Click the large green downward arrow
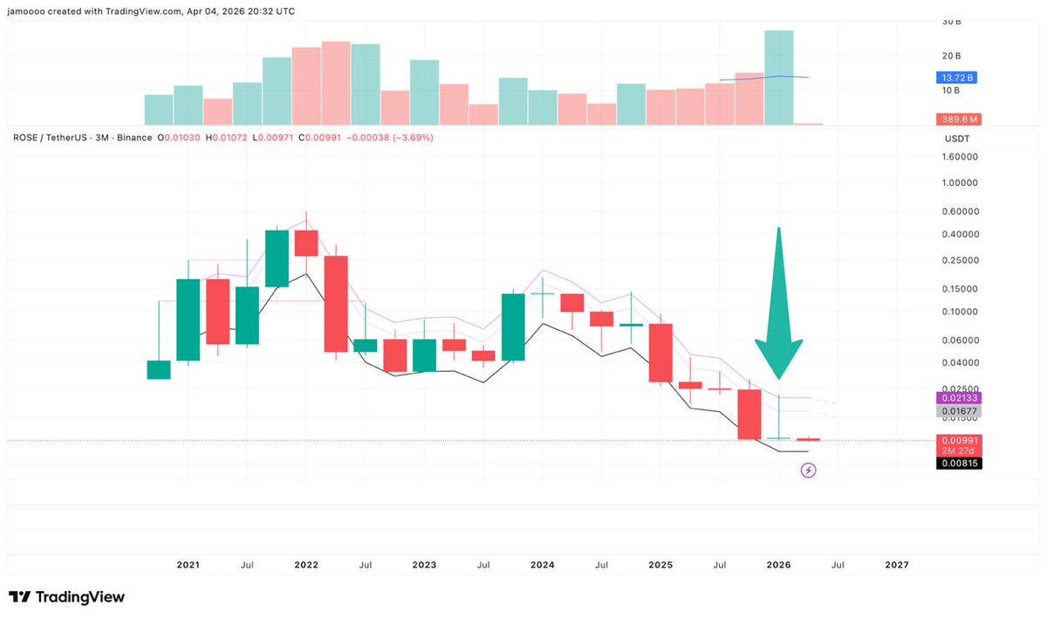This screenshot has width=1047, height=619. pyautogui.click(x=778, y=314)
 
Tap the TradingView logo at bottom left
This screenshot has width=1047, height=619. pyautogui.click(x=67, y=597)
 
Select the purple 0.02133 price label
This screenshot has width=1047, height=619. pyautogui.click(x=958, y=397)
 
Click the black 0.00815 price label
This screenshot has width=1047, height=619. pyautogui.click(x=958, y=464)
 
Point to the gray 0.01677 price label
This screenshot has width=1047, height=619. pyautogui.click(x=958, y=411)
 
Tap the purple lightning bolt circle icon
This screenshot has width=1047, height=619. pyautogui.click(x=809, y=471)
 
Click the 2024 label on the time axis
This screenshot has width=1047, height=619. pyautogui.click(x=542, y=565)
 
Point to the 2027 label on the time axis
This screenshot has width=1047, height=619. pyautogui.click(x=896, y=565)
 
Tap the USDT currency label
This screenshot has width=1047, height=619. pyautogui.click(x=957, y=139)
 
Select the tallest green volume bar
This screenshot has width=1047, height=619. pyautogui.click(x=779, y=78)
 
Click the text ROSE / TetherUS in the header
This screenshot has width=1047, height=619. pyautogui.click(x=54, y=138)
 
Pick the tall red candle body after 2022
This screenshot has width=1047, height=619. pyautogui.click(x=336, y=304)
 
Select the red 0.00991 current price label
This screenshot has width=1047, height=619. pyautogui.click(x=958, y=440)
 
